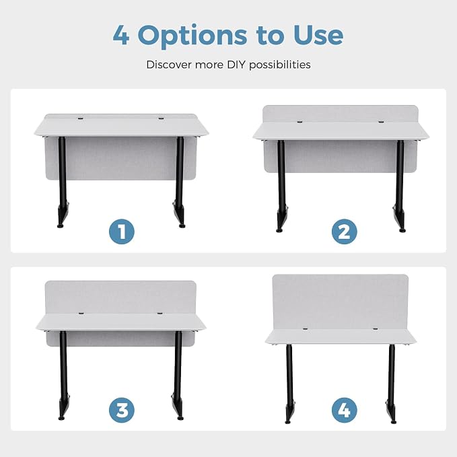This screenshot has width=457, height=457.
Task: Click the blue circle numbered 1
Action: click(122, 232)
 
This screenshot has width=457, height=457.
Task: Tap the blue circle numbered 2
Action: click(344, 232)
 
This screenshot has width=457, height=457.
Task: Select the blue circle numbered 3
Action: click(122, 410)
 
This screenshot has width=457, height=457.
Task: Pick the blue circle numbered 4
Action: click(344, 410)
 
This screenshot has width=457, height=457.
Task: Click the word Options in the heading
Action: click(192, 36)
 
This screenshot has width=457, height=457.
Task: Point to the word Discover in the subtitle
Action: click(169, 65)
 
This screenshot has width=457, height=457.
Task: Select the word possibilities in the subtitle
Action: click(280, 65)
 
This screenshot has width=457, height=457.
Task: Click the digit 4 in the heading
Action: click(121, 35)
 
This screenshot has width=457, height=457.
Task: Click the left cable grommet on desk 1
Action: click(81, 118)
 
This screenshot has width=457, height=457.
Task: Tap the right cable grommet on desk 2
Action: click(381, 122)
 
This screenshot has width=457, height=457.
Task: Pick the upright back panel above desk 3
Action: click(120, 297)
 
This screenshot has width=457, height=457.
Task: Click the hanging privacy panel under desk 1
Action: click(120, 158)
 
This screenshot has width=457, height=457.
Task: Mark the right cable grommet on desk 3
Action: click(160, 314)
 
